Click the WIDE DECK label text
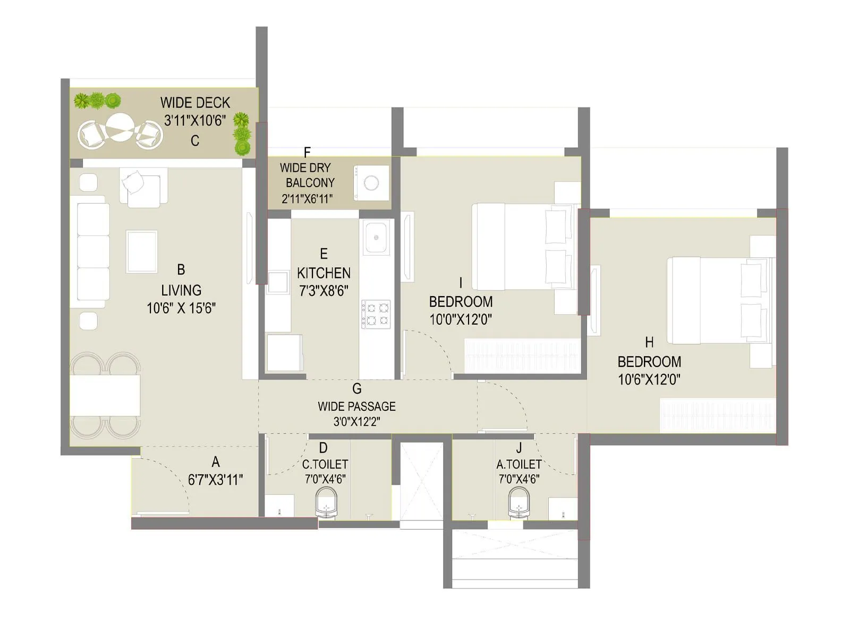pos(195,103)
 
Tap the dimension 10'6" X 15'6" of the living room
pos(181,308)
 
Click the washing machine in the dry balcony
pos(371,183)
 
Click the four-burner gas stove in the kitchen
pos(376,314)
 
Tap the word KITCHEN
pos(324,273)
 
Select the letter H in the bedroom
pos(649,342)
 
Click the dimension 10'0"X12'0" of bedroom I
pos(461,320)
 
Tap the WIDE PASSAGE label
pos(356,407)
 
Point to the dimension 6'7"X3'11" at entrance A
pos(215,480)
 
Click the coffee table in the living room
pos(142,251)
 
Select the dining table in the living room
pos(105,394)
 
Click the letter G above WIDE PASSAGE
pos(356,389)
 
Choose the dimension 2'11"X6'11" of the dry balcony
pos(307,199)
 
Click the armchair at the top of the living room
pos(142,187)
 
